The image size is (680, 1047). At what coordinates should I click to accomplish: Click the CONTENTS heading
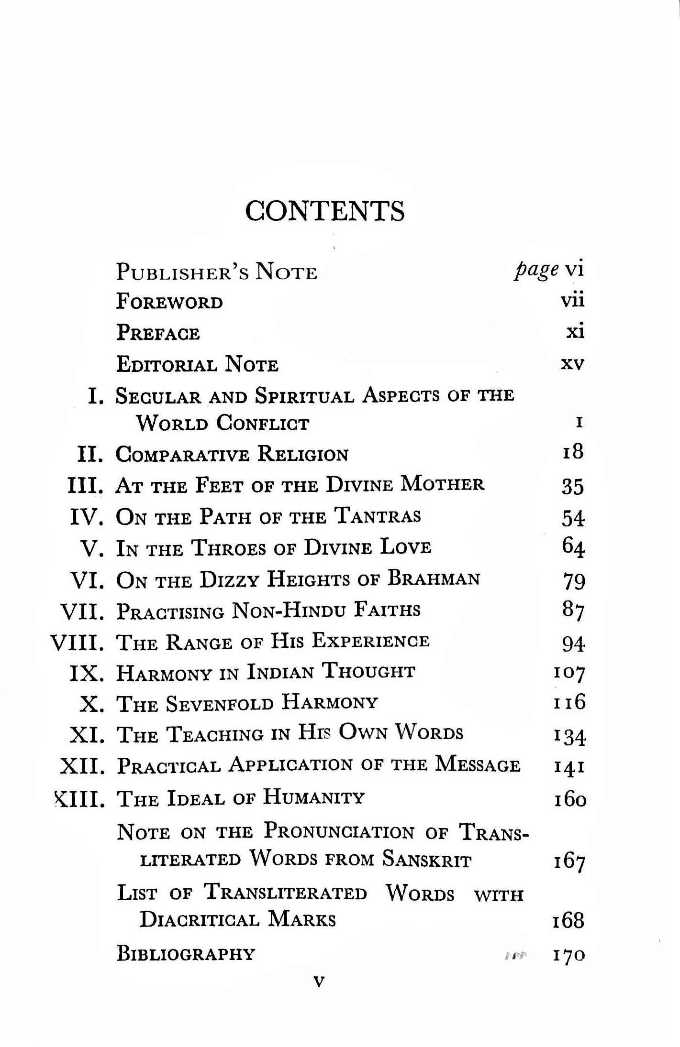click(x=325, y=211)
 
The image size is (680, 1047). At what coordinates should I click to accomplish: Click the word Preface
click(x=158, y=333)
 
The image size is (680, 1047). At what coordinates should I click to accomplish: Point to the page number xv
click(x=572, y=364)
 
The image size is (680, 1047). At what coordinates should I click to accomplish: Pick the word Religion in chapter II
click(x=303, y=454)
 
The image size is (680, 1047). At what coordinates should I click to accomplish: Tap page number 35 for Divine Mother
click(x=573, y=486)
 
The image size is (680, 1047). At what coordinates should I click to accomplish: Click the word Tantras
click(x=378, y=516)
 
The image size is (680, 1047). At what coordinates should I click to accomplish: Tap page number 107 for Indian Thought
click(x=569, y=673)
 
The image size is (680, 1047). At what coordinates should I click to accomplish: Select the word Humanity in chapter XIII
click(x=314, y=797)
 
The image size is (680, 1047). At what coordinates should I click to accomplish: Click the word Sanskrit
click(x=427, y=859)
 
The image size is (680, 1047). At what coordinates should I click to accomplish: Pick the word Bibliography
click(x=186, y=954)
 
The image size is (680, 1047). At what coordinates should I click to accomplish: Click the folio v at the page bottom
click(x=318, y=982)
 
